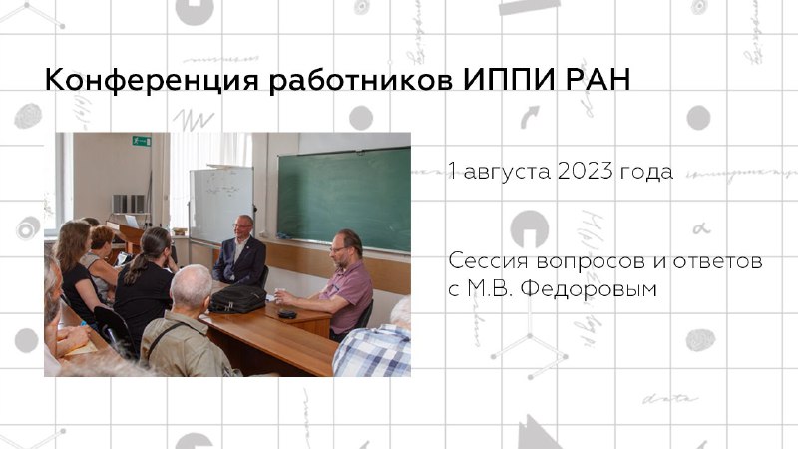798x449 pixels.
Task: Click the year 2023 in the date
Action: tap(585, 171)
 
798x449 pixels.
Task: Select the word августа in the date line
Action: tap(507, 172)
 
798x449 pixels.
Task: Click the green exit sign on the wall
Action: tap(142, 141)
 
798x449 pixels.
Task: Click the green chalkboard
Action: tap(344, 199)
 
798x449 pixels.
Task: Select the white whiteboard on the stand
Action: tap(220, 204)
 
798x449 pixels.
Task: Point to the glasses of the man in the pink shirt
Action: tap(338, 248)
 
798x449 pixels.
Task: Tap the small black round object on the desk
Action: tap(287, 314)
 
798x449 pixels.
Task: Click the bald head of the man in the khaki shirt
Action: tap(191, 285)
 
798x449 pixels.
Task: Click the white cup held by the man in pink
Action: tap(279, 295)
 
